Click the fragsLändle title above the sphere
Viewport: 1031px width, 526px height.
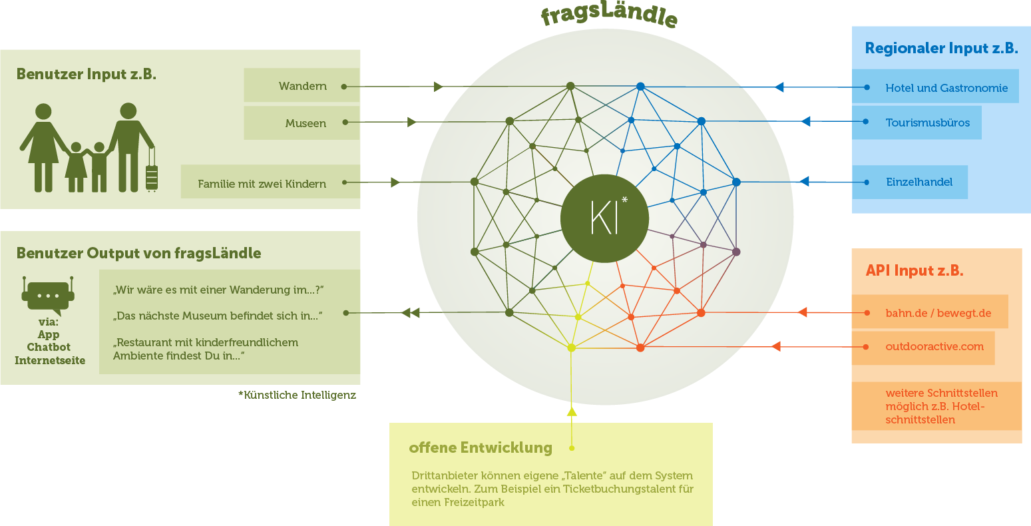[x=609, y=16]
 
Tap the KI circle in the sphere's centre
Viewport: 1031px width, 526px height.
[x=605, y=217]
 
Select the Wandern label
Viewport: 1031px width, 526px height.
[x=303, y=87]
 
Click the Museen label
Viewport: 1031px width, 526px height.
[x=306, y=123]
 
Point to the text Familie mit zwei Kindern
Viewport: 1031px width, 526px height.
[x=262, y=184]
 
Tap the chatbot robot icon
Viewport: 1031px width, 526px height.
[x=48, y=296]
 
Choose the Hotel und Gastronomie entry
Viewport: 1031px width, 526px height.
[x=946, y=88]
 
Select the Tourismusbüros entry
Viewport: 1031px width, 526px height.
[x=927, y=123]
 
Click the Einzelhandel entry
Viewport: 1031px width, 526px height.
[x=919, y=182]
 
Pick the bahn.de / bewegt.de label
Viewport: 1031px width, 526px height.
[x=938, y=313]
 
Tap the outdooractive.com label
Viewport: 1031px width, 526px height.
[x=934, y=346]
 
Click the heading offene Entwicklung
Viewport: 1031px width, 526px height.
[x=481, y=447]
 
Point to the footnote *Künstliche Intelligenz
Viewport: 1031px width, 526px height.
[x=297, y=395]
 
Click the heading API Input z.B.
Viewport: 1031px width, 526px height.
[x=914, y=270]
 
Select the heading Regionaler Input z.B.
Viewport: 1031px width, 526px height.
[x=941, y=48]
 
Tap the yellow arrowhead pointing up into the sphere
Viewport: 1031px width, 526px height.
[x=572, y=411]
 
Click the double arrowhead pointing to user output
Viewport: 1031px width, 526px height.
[x=410, y=312]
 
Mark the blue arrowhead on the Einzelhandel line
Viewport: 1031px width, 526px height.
[x=803, y=181]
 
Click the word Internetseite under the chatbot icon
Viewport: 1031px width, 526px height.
[x=50, y=360]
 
